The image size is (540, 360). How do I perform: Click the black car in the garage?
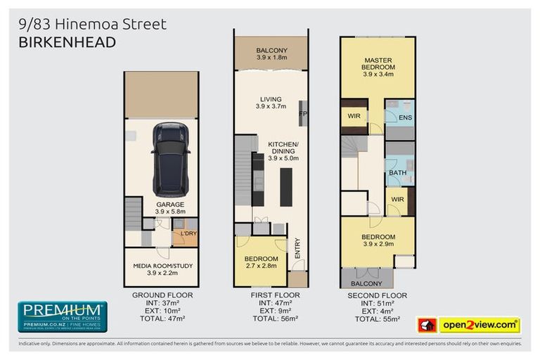[x=169, y=159]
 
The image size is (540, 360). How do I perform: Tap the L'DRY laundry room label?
[x=188, y=233]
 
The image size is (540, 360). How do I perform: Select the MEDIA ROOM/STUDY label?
[x=162, y=269]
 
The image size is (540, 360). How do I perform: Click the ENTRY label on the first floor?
[x=297, y=250]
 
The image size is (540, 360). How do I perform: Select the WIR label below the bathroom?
[x=398, y=200]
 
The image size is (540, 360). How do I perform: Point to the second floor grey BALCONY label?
[x=367, y=283]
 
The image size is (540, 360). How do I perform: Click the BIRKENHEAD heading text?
[x=66, y=42]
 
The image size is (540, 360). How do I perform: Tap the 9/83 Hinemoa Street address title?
[x=92, y=25]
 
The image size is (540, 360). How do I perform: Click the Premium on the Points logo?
[x=62, y=316]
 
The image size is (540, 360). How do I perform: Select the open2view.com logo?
[x=479, y=325]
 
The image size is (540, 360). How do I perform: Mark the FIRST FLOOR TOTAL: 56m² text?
[x=271, y=319]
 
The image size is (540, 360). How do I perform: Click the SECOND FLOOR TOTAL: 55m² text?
[x=377, y=319]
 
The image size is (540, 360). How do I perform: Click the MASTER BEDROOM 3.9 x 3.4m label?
[x=377, y=67]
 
